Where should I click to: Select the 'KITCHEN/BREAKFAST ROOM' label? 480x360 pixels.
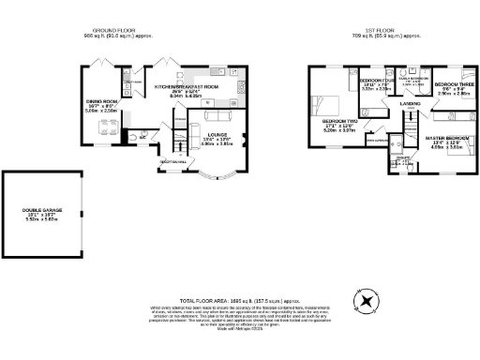tap(186, 85)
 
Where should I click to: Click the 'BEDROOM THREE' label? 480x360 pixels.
tap(451, 84)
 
